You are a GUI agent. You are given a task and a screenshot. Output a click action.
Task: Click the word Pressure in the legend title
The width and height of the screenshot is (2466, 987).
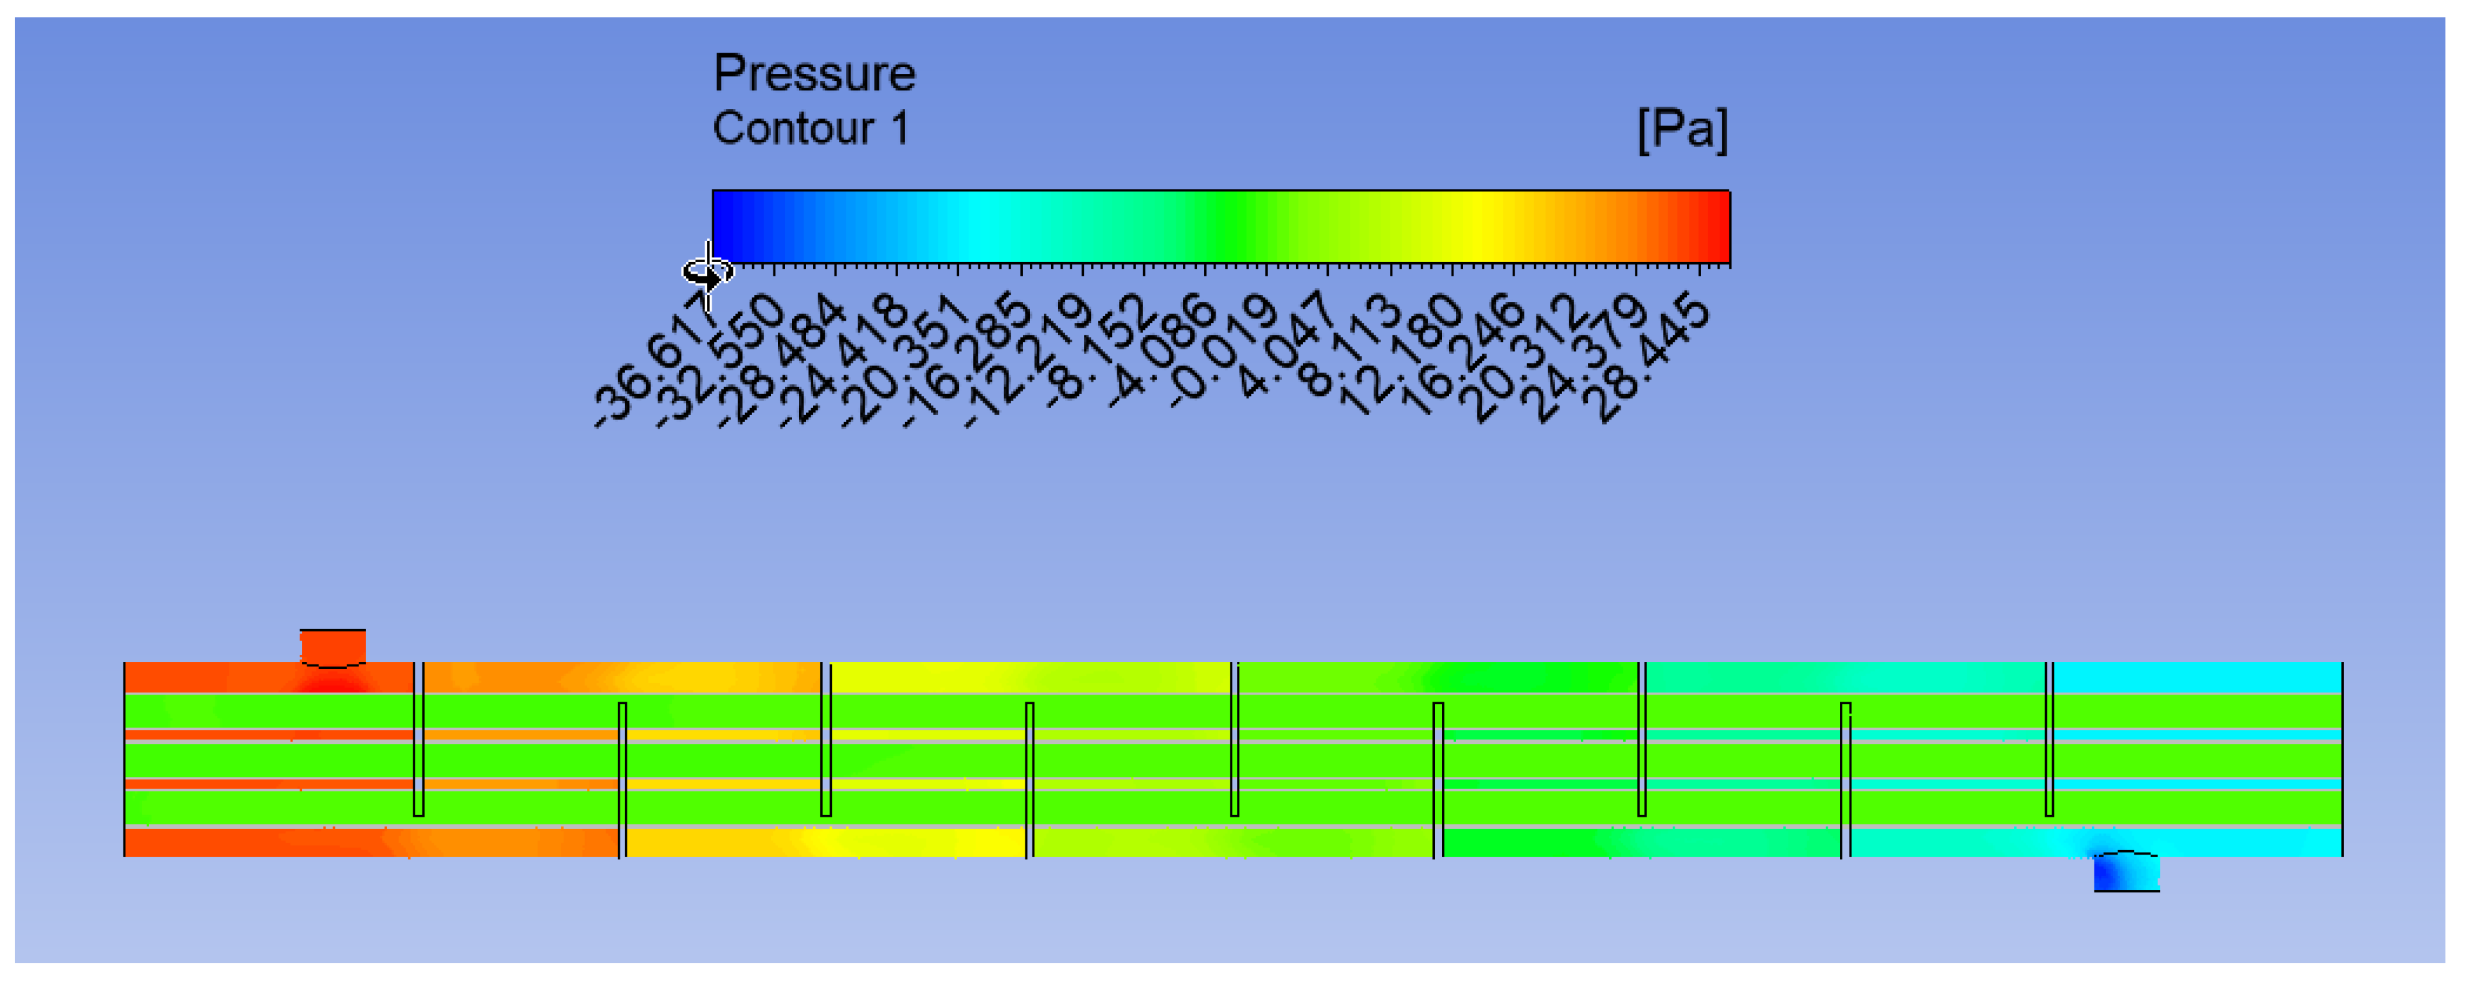point(814,74)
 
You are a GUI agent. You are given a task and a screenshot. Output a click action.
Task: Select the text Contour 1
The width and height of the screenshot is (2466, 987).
point(810,129)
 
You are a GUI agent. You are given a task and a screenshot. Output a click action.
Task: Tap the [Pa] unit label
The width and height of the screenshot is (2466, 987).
point(1682,129)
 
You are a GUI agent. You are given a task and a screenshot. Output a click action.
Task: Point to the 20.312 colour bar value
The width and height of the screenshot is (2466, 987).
point(1522,360)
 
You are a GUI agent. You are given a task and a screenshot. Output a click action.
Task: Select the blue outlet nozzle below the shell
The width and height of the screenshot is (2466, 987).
point(2126,872)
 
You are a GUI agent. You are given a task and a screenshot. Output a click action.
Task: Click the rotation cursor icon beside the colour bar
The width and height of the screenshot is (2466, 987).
point(706,273)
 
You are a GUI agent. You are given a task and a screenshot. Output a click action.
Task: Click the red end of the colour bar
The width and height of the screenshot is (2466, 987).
point(1714,226)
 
